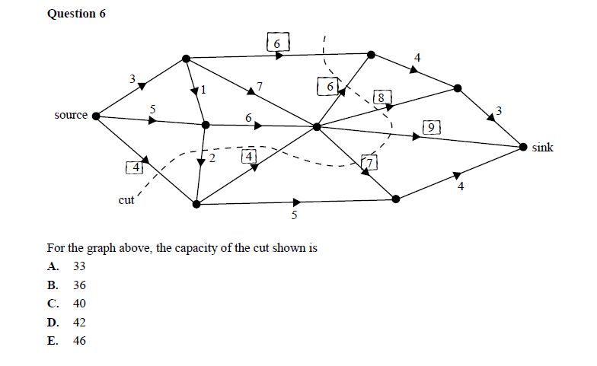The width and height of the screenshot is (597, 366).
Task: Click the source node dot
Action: pyautogui.click(x=96, y=116)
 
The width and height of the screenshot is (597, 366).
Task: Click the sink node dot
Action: pyautogui.click(x=523, y=146)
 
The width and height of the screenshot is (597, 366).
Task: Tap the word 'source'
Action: pyautogui.click(x=70, y=116)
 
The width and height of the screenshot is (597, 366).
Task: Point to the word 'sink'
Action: pyautogui.click(x=543, y=148)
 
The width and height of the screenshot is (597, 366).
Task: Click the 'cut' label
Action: pyautogui.click(x=126, y=200)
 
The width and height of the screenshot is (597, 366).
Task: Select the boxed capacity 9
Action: pyautogui.click(x=431, y=128)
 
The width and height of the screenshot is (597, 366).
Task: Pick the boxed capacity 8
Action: pyautogui.click(x=382, y=97)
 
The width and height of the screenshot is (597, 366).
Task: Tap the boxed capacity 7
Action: pyautogui.click(x=369, y=162)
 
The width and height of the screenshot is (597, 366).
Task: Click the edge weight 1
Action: pyautogui.click(x=203, y=91)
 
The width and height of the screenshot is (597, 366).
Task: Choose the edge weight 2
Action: pyautogui.click(x=212, y=159)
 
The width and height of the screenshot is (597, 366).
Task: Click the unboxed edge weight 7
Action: pyautogui.click(x=260, y=86)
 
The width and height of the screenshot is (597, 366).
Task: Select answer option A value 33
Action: pyautogui.click(x=79, y=266)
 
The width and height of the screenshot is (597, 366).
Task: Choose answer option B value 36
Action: pyautogui.click(x=79, y=285)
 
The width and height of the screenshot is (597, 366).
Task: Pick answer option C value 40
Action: pyautogui.click(x=79, y=303)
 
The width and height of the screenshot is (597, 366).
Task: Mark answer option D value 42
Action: pyautogui.click(x=79, y=322)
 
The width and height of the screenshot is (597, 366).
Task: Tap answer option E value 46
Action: pyautogui.click(x=79, y=340)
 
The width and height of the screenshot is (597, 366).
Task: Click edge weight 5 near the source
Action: pyautogui.click(x=152, y=110)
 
